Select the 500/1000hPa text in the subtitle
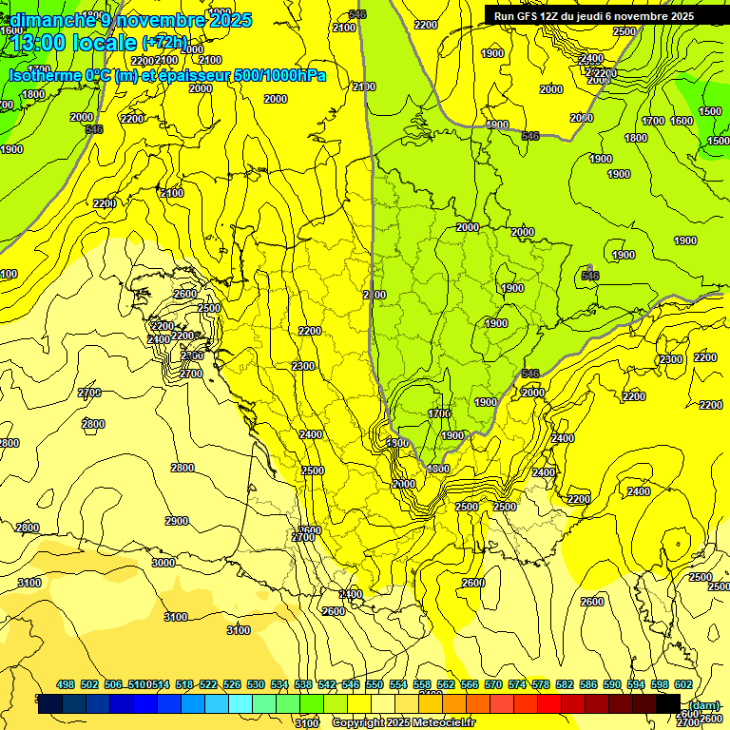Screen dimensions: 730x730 [279, 75]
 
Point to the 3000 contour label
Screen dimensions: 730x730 [163, 563]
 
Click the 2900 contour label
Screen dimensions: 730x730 [176, 521]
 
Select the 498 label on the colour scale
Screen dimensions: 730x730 [66, 684]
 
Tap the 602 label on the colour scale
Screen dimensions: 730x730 [682, 684]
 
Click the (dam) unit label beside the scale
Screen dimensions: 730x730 [704, 704]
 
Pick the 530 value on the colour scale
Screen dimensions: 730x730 [256, 684]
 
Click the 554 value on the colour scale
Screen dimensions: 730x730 [397, 684]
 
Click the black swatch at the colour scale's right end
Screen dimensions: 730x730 [667, 703]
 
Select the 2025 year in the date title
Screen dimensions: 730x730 [229, 20]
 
